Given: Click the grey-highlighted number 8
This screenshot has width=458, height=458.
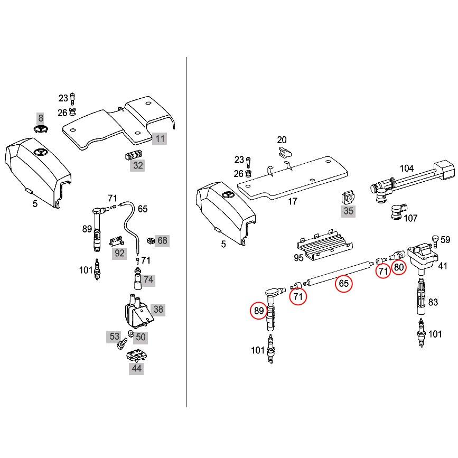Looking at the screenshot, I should click(x=40, y=118).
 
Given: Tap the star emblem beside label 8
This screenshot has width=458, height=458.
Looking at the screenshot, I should click(x=40, y=130).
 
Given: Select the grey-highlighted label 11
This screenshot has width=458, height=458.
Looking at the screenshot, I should click(x=160, y=139).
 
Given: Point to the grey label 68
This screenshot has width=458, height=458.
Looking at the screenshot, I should click(x=162, y=241).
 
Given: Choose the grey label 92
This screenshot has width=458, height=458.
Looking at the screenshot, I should click(x=119, y=253).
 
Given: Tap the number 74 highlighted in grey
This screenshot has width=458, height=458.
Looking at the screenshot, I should click(x=148, y=280).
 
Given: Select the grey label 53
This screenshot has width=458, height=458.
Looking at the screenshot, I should click(x=115, y=337).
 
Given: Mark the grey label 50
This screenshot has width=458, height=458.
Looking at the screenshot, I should click(x=141, y=337).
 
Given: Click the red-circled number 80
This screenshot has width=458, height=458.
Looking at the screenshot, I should click(x=399, y=267).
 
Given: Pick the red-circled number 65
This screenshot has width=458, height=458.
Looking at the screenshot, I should click(x=343, y=284).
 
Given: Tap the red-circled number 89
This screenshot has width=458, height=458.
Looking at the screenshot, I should click(x=258, y=311).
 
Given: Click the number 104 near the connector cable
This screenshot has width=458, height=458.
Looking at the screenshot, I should click(x=406, y=169).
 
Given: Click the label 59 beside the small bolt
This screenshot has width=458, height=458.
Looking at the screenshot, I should click(x=445, y=239).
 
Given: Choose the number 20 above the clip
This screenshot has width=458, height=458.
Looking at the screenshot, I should click(x=282, y=140).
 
